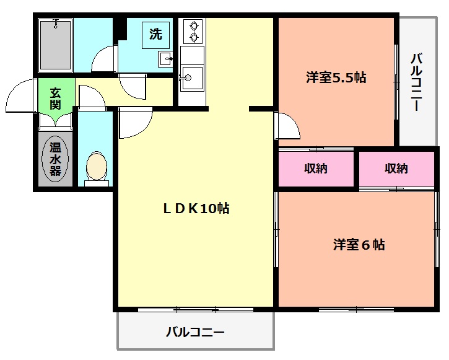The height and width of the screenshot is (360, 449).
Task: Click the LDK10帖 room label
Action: [196, 208]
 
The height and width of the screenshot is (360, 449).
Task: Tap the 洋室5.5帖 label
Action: [336, 77]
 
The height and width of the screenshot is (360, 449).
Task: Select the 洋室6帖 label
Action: [359, 245]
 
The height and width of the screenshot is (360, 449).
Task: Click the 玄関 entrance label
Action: [56, 99]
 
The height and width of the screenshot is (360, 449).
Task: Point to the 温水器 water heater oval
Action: [55, 159]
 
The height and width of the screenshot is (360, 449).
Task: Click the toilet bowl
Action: [97, 167]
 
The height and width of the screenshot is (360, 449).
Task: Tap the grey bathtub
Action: [56, 45]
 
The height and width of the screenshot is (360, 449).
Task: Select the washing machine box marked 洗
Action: [156, 35]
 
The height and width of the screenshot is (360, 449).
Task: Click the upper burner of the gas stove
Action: [194, 27]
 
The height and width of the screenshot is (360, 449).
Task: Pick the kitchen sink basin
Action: [193, 77]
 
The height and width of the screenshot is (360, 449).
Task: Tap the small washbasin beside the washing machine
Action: [165, 59]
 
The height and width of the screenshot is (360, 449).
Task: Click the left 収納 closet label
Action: [316, 169]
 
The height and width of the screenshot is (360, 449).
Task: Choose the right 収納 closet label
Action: [396, 169]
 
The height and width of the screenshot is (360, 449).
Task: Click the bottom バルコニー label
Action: [195, 333]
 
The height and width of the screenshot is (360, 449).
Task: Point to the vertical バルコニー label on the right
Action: [417, 82]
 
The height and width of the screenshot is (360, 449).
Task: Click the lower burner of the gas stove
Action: [194, 37]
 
